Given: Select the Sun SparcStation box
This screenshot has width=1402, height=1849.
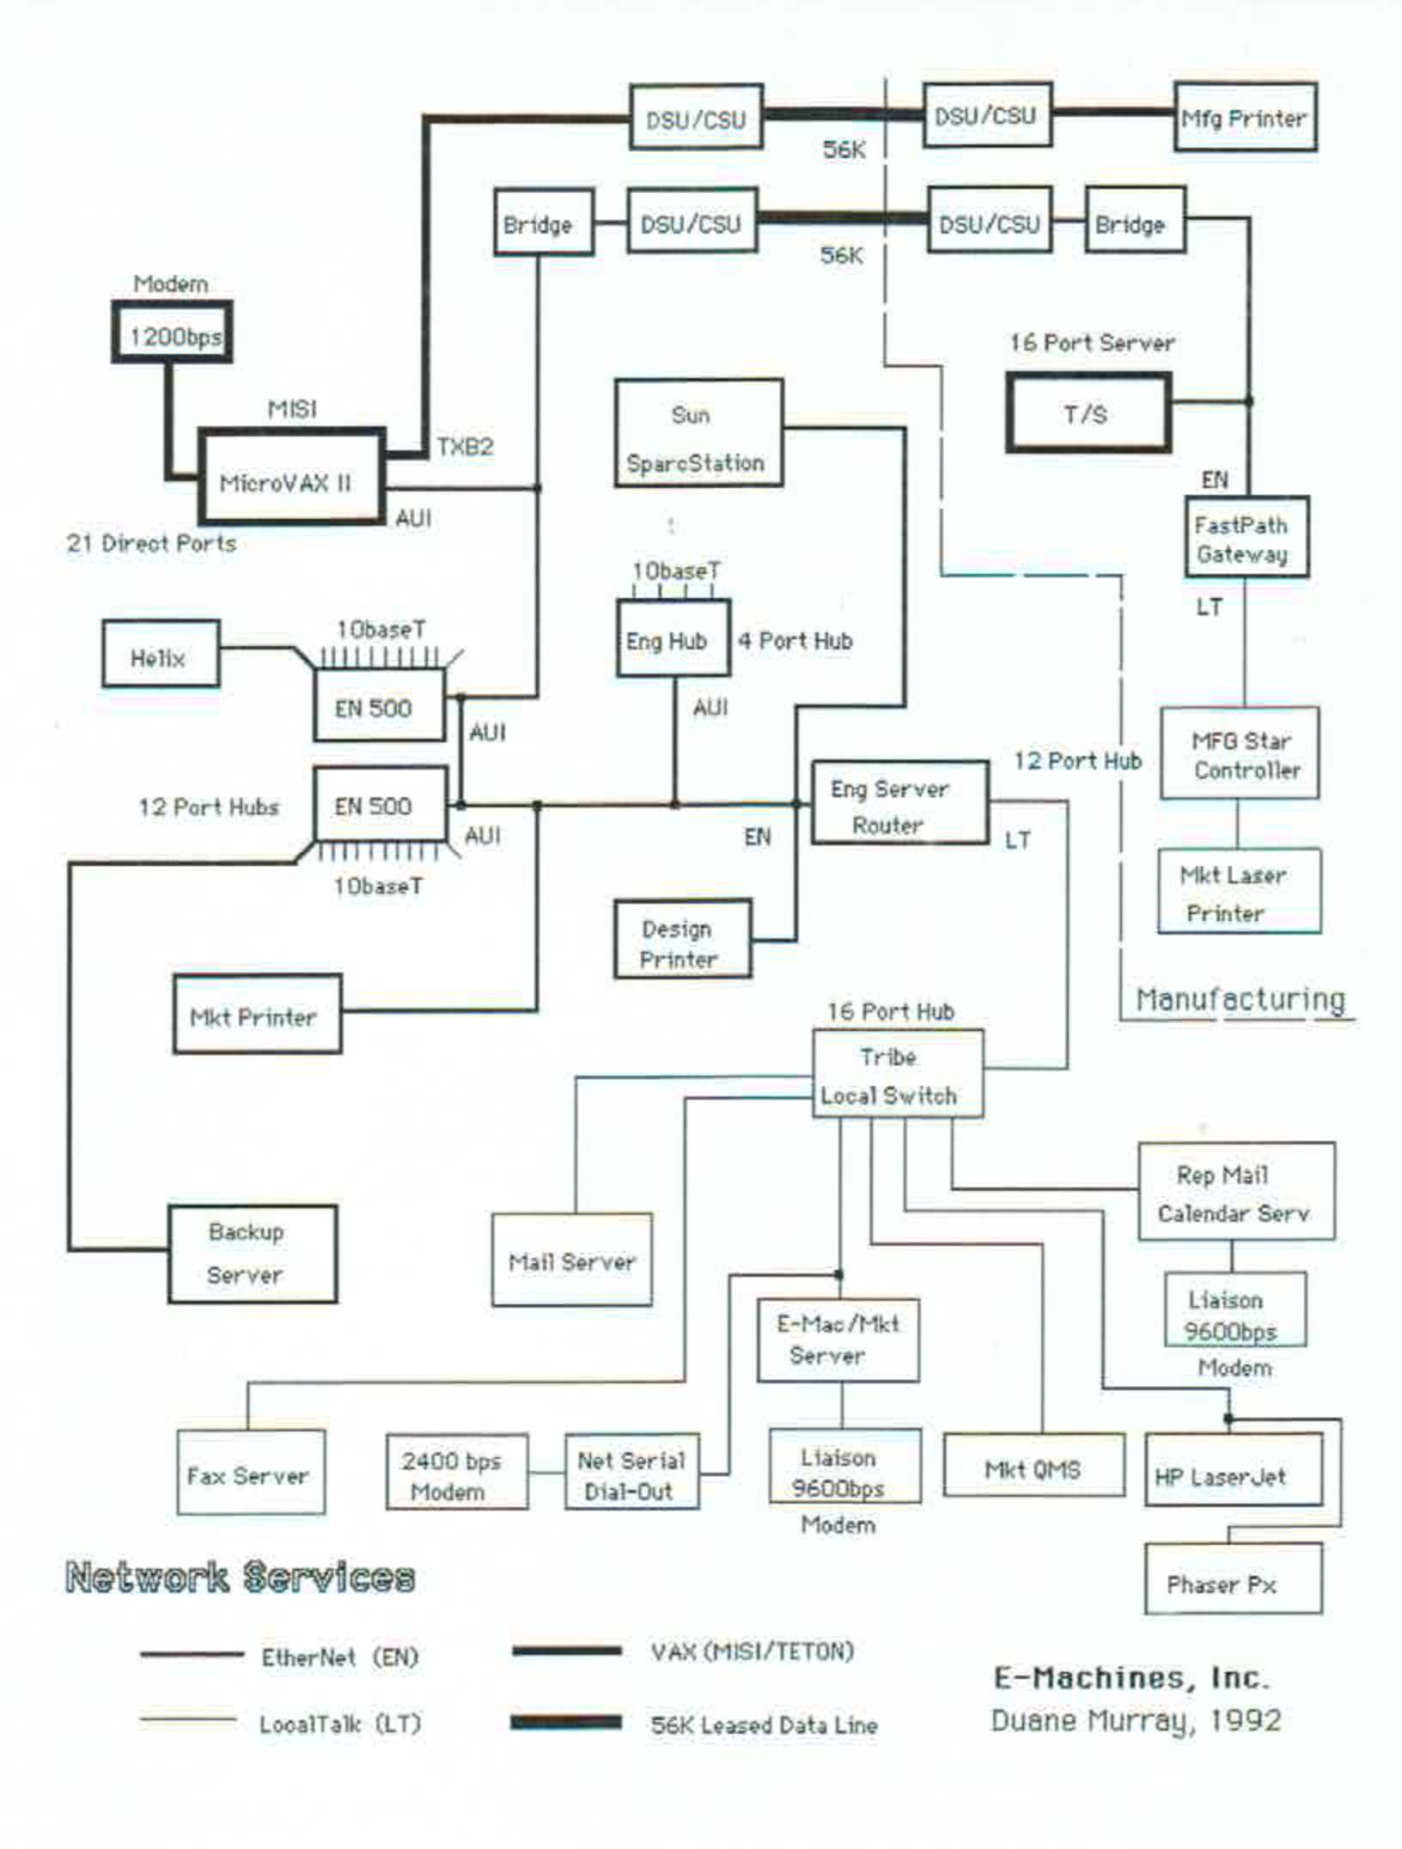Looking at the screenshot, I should click(x=698, y=434).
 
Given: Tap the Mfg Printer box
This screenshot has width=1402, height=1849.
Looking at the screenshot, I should click(x=1245, y=118).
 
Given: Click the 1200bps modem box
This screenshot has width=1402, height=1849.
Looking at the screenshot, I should click(x=173, y=333).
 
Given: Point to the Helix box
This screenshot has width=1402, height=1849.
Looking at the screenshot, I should click(x=161, y=656).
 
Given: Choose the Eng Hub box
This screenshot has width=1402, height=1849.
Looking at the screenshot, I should click(x=673, y=638).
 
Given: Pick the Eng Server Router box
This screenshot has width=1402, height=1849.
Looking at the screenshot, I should click(x=899, y=803).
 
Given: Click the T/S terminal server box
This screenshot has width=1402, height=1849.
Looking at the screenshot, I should click(x=1088, y=413).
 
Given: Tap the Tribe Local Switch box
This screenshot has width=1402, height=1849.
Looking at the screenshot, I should click(x=897, y=1074).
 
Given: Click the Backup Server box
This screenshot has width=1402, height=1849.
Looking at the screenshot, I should click(x=252, y=1254).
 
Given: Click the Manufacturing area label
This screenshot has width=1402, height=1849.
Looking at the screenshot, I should click(x=1240, y=999).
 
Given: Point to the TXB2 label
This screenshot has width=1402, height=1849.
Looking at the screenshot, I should click(x=465, y=447).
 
